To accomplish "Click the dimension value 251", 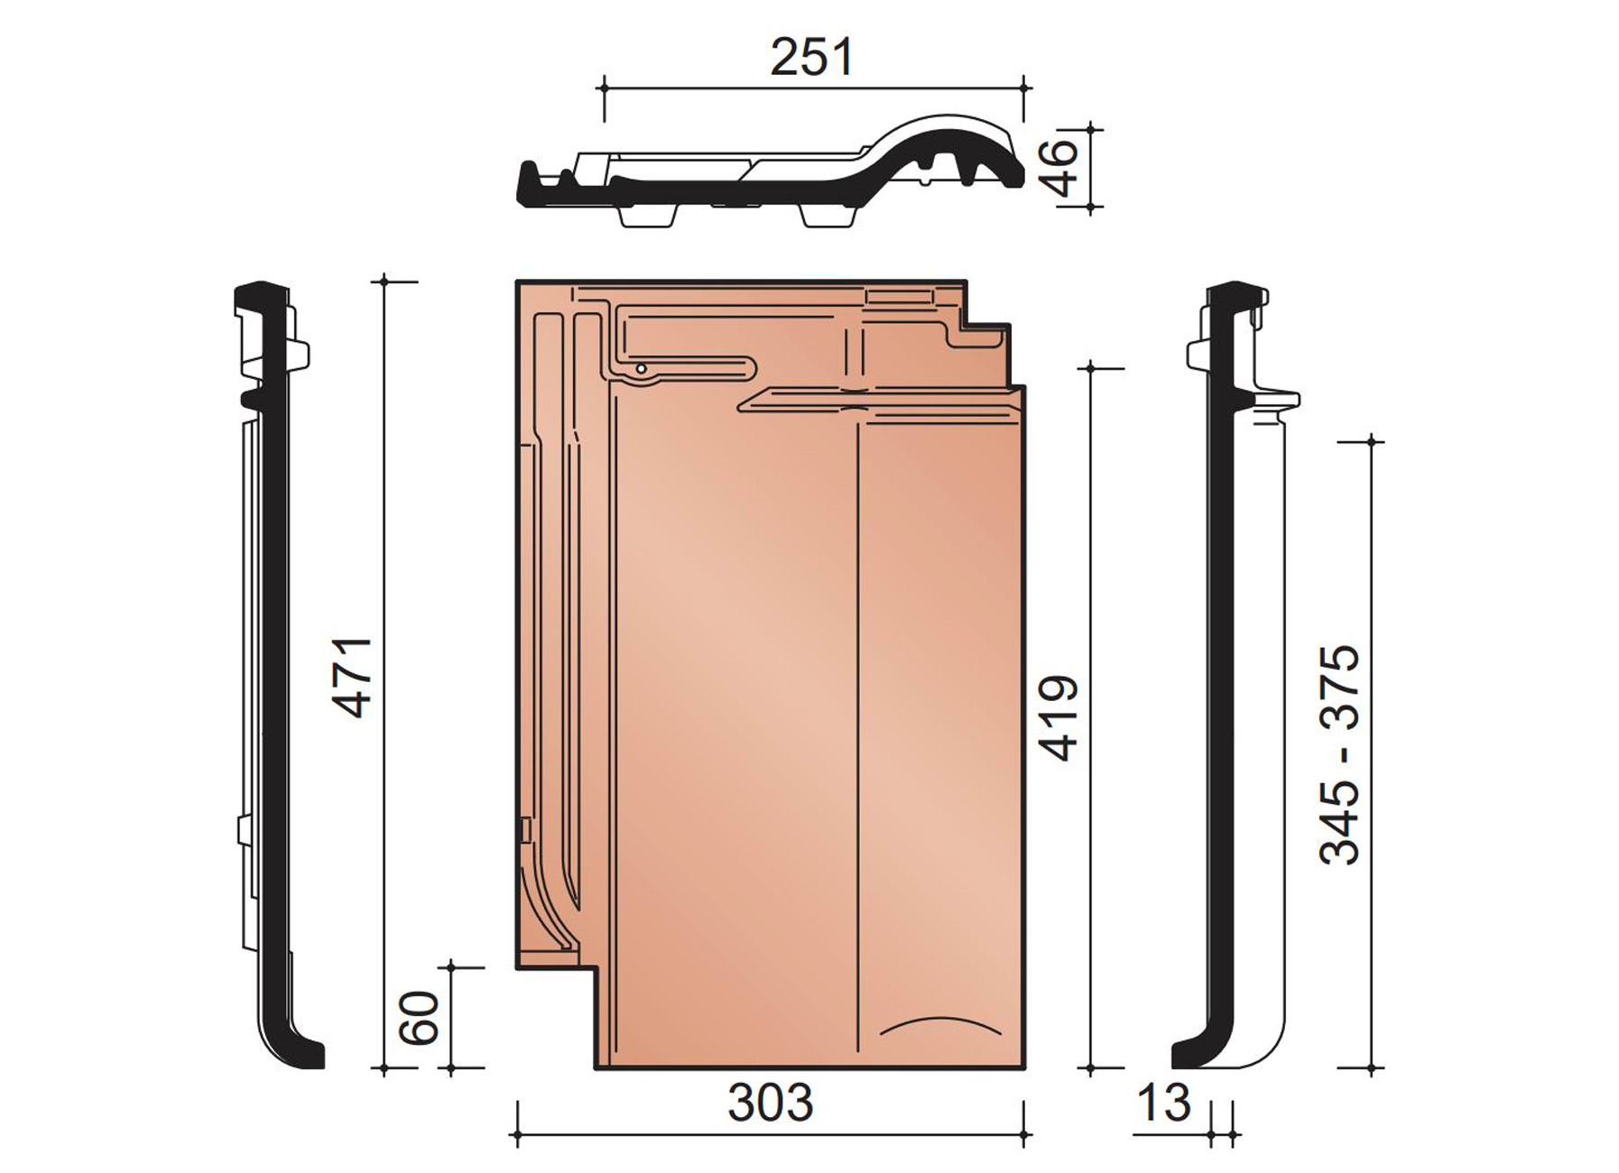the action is (811, 58).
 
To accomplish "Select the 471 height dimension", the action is (354, 677).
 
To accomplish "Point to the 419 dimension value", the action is (1060, 717).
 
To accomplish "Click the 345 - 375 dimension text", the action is (1339, 754).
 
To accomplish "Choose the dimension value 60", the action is (419, 1018).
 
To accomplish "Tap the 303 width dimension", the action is (771, 1103).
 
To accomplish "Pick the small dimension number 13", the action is (1163, 1103).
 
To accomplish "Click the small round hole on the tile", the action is (640, 368).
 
